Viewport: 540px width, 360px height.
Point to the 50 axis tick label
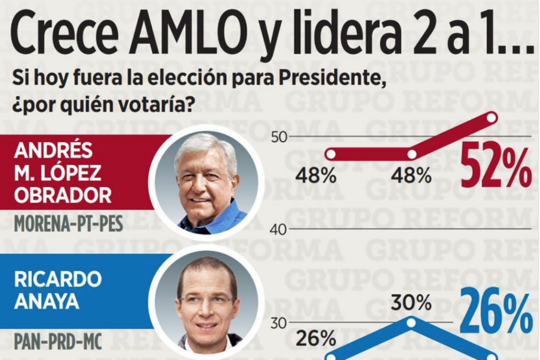click(x=278, y=137)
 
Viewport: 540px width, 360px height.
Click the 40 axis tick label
click(x=278, y=230)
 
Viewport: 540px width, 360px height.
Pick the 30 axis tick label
click(x=278, y=323)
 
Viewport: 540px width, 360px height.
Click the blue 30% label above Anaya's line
click(x=411, y=303)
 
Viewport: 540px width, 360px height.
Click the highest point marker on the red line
click(x=491, y=118)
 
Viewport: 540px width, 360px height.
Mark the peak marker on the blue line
click(x=412, y=322)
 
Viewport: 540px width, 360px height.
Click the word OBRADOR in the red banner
click(x=63, y=195)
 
